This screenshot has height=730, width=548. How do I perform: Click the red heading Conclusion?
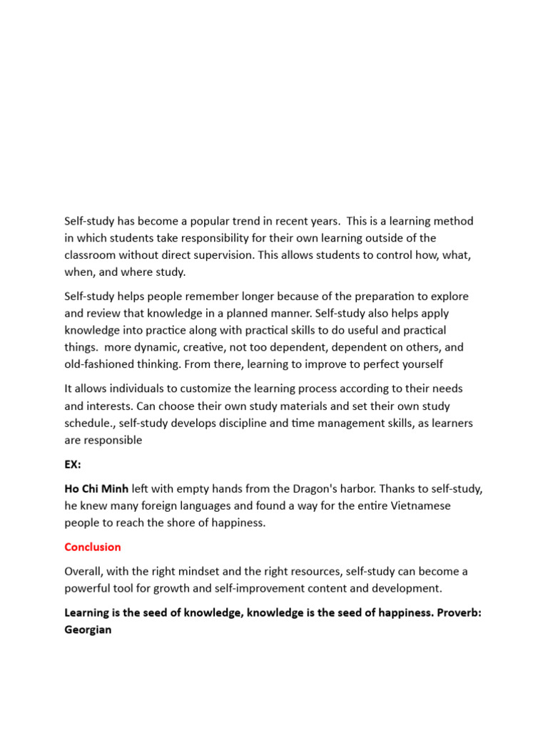pyautogui.click(x=93, y=547)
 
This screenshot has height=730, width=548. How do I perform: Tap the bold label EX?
pyautogui.click(x=73, y=464)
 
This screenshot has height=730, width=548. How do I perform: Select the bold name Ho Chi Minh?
pyautogui.click(x=96, y=489)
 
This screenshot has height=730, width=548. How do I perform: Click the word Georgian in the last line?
pyautogui.click(x=88, y=630)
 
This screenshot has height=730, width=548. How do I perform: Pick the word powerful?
pyautogui.click(x=91, y=589)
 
